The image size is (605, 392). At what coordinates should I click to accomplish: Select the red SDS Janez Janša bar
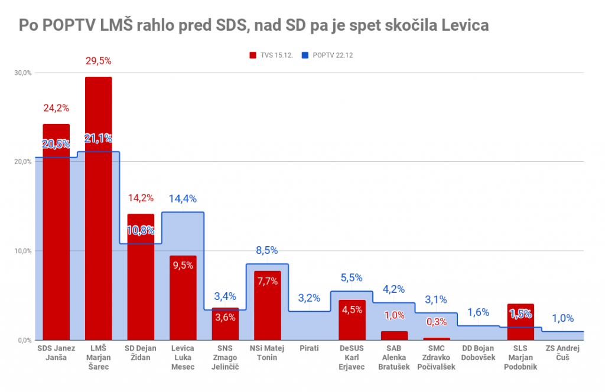point(56,236)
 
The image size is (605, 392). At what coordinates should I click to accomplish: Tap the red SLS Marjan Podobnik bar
point(521,322)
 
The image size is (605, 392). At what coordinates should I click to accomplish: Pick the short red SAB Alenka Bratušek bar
point(394,335)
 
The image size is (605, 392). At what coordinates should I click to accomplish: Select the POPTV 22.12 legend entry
point(327,55)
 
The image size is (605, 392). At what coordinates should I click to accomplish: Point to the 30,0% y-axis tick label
point(23,73)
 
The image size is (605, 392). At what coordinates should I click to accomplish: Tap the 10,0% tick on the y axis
point(23,251)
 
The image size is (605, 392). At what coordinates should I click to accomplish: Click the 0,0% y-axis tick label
point(24,340)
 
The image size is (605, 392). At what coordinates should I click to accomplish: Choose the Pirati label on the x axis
point(310,348)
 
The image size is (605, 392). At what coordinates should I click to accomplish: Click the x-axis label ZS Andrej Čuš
point(562,352)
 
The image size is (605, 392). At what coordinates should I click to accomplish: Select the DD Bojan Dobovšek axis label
point(478,352)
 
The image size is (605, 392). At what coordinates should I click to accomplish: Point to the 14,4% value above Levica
point(183,199)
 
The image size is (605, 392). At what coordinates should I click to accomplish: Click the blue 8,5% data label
point(267,250)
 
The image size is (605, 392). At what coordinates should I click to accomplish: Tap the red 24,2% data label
point(56,108)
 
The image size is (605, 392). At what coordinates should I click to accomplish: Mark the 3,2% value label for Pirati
point(309,298)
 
